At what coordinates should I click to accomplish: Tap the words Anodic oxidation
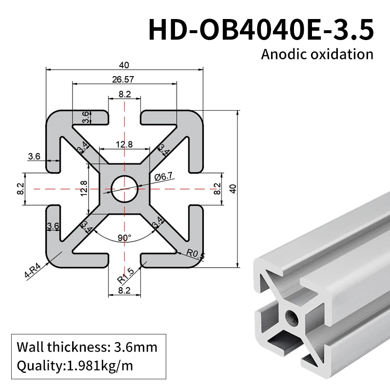click(317, 54)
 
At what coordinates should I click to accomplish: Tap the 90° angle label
click(124, 238)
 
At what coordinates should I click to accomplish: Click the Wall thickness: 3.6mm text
click(87, 348)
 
